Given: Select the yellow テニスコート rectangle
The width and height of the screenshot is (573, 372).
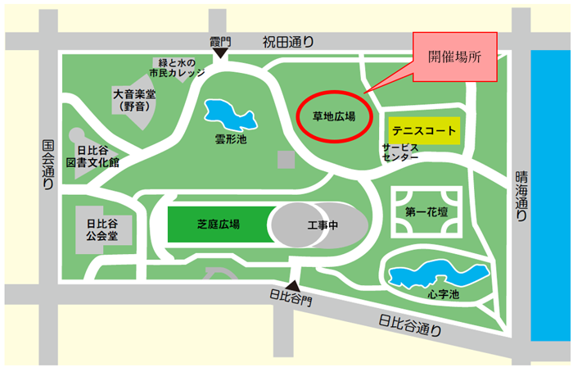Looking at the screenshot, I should [422, 130].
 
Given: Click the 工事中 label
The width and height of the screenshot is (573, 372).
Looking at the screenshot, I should [323, 224].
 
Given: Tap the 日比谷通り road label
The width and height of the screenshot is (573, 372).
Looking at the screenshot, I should [409, 325].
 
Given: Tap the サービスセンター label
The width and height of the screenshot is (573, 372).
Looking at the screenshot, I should [400, 152].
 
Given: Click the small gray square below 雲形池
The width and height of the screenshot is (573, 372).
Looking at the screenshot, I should [286, 159].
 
